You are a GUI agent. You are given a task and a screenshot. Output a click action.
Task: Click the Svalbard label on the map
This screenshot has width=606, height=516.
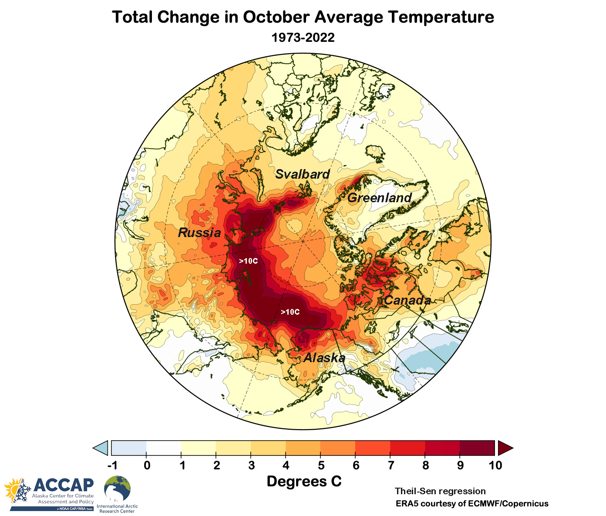coord(303,174)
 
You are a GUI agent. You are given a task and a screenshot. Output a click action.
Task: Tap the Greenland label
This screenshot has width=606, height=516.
coord(379,198)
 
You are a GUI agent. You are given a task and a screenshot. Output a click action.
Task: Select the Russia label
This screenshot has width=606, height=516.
coord(199,233)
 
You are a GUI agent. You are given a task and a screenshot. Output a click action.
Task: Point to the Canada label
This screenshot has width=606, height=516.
coord(407,300)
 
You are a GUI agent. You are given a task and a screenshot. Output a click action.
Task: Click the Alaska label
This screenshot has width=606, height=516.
coord(324,358)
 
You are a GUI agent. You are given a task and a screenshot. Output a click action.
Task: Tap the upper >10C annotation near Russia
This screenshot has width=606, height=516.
coord(248,261)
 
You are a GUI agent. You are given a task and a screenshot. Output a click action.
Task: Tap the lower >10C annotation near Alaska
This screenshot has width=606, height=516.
coord(290,312)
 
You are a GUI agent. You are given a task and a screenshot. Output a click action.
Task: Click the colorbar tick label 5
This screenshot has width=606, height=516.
coord(321,465)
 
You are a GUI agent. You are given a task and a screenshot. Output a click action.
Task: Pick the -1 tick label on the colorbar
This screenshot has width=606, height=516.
coord(112,465)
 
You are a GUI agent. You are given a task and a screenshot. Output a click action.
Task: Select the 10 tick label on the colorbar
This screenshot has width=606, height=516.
coord(495,465)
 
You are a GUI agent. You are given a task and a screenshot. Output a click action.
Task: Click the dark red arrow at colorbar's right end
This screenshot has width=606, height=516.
coord(505,448)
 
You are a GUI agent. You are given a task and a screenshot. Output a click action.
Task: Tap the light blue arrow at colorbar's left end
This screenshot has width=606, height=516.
coord(101,448)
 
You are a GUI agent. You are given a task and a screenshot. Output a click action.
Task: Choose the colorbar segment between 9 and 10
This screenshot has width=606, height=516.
coord(477,448)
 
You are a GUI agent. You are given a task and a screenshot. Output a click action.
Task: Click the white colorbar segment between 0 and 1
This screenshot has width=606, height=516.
coord(164,448)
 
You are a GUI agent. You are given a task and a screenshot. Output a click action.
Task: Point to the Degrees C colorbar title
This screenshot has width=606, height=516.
coord(304,482)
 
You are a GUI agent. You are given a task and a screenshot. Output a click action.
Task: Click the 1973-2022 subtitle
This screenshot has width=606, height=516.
coord(303,37)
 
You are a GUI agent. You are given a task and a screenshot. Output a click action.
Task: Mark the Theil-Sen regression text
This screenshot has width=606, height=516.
coord(440,491)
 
